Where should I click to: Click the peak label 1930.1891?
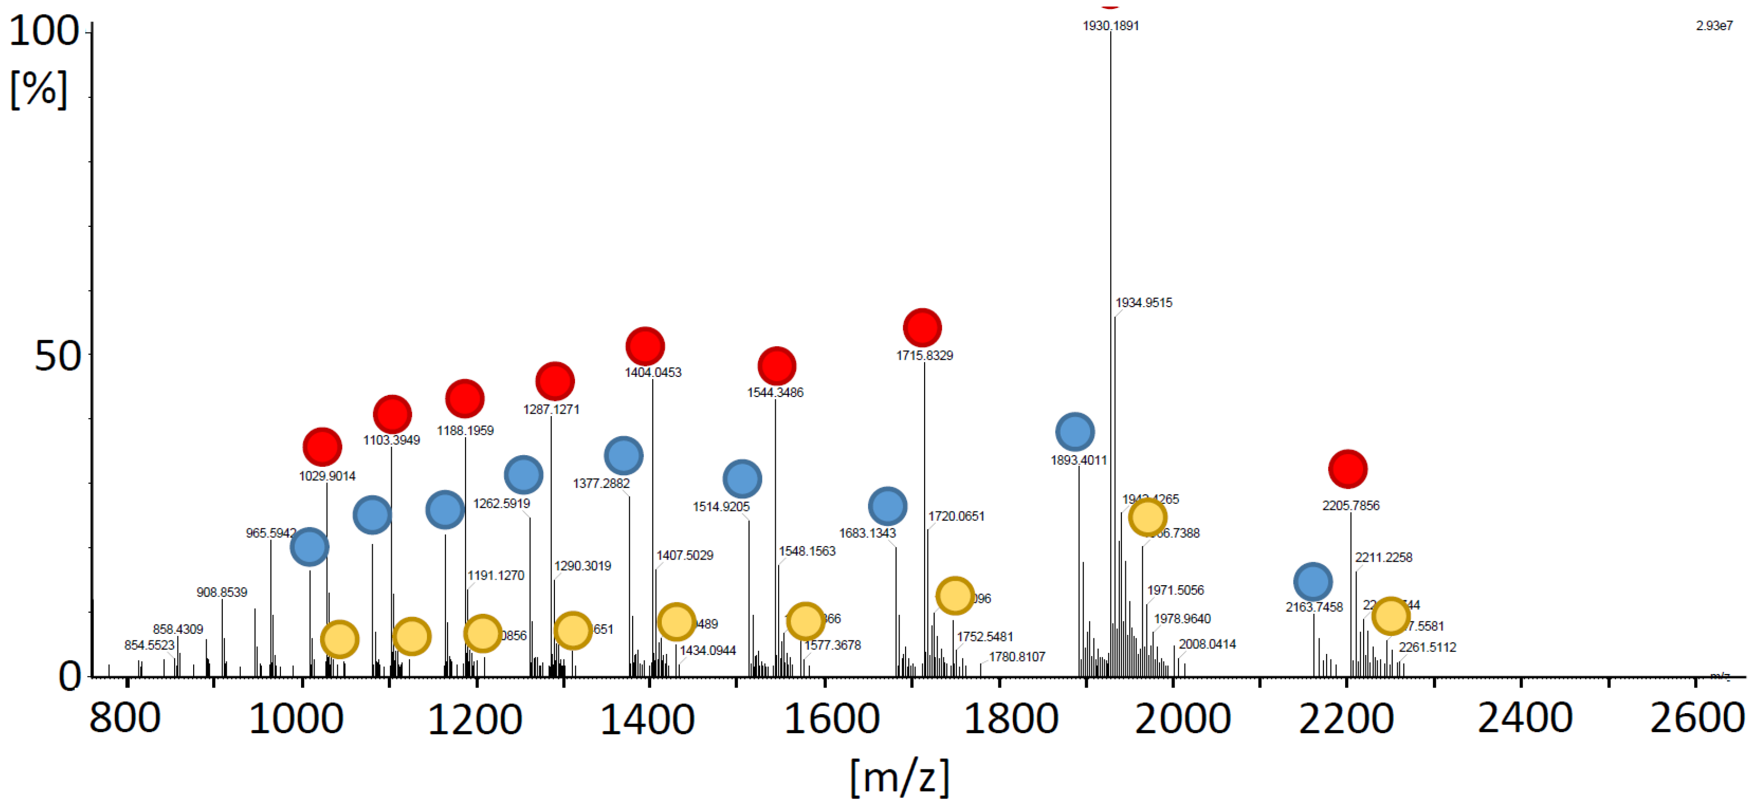(1110, 26)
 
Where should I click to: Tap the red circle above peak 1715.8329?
(922, 328)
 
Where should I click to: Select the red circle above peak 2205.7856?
(1348, 469)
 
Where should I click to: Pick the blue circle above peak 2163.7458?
(1312, 582)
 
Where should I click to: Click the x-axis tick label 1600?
(831, 719)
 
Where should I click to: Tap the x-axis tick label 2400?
(1525, 719)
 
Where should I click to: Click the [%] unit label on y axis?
(39, 89)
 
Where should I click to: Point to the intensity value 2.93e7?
(1714, 26)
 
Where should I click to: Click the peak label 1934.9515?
(1144, 303)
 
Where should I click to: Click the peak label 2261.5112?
(1427, 647)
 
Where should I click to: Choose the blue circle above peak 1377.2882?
(623, 456)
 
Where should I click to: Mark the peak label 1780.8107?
(1016, 657)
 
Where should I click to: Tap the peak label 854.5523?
(149, 645)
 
